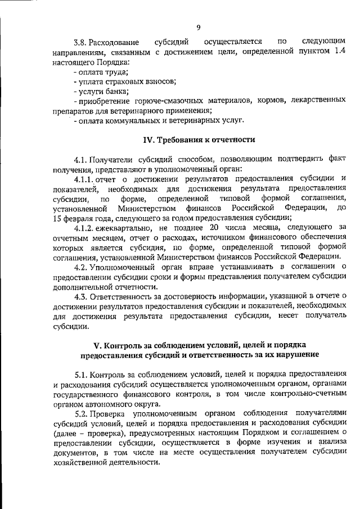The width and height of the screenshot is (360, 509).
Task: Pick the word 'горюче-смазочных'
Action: pos(161,101)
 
